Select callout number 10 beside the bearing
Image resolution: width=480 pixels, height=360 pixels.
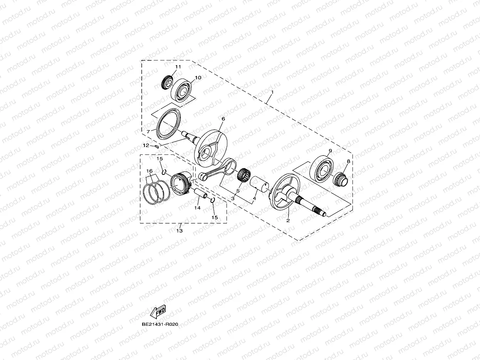coord(198,78)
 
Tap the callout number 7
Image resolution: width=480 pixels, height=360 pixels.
coord(148,132)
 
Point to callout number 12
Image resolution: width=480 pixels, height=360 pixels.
coord(146,146)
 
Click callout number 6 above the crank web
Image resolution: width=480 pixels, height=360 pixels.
coord(223,119)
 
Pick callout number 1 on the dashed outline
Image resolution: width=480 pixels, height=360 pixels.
coord(272,93)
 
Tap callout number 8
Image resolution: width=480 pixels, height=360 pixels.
coord(349,162)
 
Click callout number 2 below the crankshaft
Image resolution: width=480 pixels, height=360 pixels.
coord(288,221)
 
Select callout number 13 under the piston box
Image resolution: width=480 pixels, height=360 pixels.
coord(180,231)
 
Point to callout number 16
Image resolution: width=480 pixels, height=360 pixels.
coord(149,171)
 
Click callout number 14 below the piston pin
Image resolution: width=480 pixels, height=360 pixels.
coord(197,208)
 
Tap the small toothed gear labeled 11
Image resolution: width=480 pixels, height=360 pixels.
coord(166,82)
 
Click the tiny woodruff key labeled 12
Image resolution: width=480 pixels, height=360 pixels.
coord(157,146)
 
